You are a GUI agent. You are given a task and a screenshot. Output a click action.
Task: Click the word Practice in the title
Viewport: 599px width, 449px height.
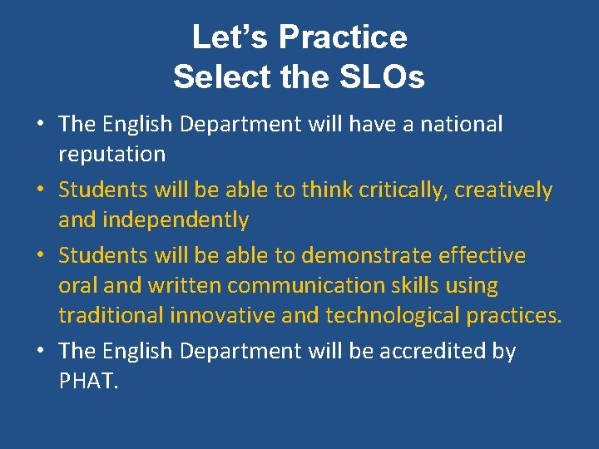(343, 38)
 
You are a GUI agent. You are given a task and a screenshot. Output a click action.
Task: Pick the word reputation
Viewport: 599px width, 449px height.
(111, 155)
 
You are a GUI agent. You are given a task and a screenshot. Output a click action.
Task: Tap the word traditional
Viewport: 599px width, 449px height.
(111, 316)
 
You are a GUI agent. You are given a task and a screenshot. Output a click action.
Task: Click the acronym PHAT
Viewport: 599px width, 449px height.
(86, 382)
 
